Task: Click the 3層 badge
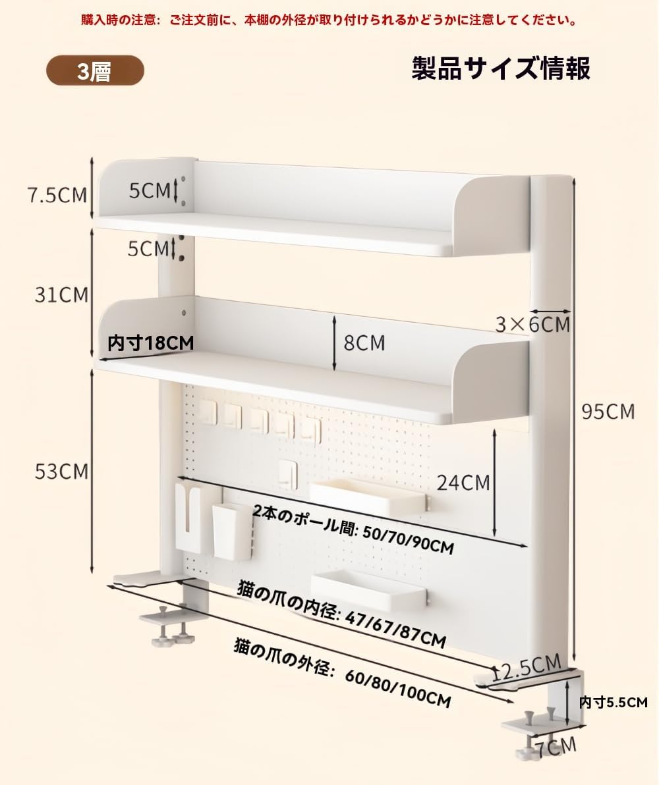point(94,71)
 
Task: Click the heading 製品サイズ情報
point(501,68)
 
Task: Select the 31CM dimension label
point(61,294)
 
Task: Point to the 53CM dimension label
point(61,472)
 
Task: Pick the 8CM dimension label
point(364,342)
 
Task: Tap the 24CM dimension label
point(464,483)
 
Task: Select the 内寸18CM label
point(151,342)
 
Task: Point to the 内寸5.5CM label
point(614,702)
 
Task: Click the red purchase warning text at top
point(329,20)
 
